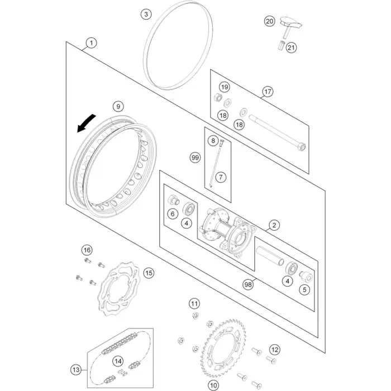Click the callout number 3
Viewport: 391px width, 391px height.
coord(146,14)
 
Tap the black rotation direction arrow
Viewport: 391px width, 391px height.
coord(85,123)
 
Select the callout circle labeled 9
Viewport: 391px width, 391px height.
coord(118,107)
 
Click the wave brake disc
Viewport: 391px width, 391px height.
coord(118,289)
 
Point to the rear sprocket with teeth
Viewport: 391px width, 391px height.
coord(223,348)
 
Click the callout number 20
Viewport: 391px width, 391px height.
coord(270,21)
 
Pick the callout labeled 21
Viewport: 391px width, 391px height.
coord(291,47)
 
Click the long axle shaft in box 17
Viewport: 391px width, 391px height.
coord(277,133)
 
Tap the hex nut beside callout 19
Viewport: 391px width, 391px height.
coord(218,97)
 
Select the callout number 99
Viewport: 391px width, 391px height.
coord(195,158)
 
